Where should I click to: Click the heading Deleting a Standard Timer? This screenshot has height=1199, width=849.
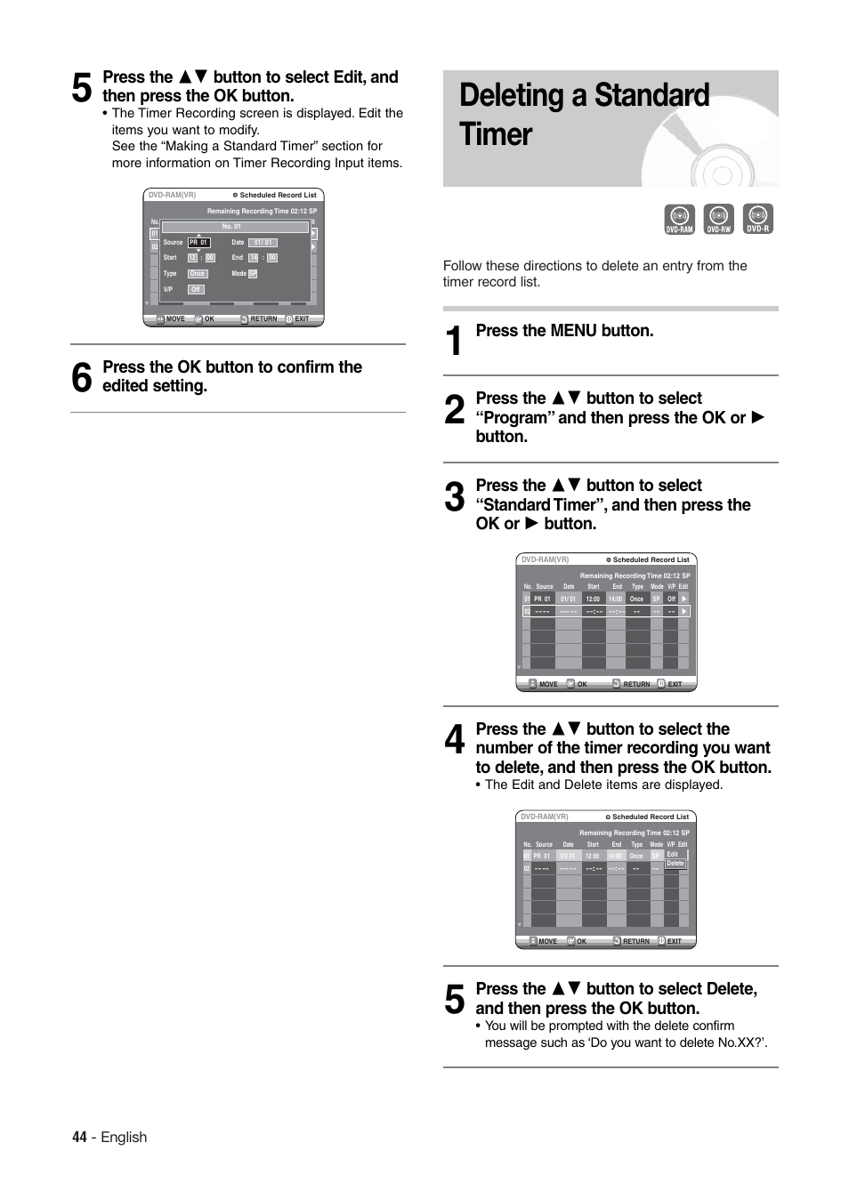click(x=584, y=115)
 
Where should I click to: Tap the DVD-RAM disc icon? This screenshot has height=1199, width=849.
click(x=679, y=219)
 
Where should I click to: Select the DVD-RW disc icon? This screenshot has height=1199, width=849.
click(x=718, y=219)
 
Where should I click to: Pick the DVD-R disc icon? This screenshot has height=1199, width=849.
click(x=757, y=219)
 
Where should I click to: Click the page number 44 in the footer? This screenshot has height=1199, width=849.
click(x=79, y=1137)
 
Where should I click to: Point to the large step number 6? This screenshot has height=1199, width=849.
click(x=81, y=377)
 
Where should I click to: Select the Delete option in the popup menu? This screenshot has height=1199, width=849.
click(x=675, y=864)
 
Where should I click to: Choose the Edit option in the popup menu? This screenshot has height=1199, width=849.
click(x=673, y=854)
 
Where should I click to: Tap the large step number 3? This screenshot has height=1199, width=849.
click(x=454, y=497)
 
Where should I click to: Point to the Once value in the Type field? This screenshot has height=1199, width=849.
click(x=197, y=274)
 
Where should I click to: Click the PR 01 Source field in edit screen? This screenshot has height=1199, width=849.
click(x=198, y=242)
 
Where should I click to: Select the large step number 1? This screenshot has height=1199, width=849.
click(x=454, y=342)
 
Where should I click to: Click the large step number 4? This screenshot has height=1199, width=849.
click(x=454, y=740)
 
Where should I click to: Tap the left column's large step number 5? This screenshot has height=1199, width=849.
click(x=81, y=88)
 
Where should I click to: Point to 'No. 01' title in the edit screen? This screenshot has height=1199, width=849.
click(x=232, y=227)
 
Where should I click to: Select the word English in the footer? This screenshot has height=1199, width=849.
click(x=124, y=1137)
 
